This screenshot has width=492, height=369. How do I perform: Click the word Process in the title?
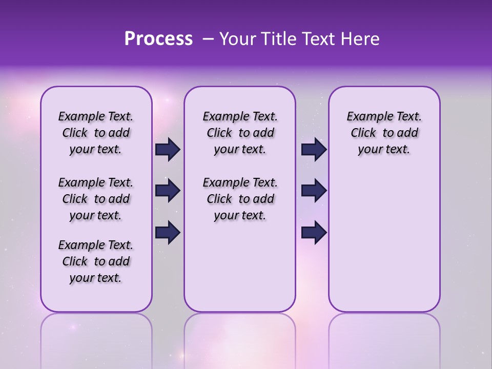click(158, 39)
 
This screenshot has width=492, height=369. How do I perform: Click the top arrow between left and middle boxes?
click(168, 150)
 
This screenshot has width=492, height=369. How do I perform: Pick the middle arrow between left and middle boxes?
click(168, 191)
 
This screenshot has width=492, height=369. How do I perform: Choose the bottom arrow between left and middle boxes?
click(168, 233)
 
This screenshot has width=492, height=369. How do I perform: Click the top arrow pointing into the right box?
click(314, 150)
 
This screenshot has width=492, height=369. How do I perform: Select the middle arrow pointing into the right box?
click(314, 191)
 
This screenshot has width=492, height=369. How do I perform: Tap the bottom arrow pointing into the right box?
click(314, 233)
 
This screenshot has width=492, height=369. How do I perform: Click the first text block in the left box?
click(96, 133)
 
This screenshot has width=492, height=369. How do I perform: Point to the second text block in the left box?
click(96, 199)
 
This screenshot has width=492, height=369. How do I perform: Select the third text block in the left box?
click(96, 261)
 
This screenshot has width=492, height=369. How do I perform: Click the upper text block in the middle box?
click(240, 133)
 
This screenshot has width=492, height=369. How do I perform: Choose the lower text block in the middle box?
click(240, 199)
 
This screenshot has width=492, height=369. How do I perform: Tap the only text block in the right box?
click(384, 133)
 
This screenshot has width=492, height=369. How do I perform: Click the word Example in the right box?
click(366, 117)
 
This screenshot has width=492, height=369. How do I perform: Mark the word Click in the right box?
click(363, 133)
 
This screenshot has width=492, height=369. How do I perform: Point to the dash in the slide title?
click(208, 39)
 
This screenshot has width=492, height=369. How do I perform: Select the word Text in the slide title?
click(318, 39)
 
